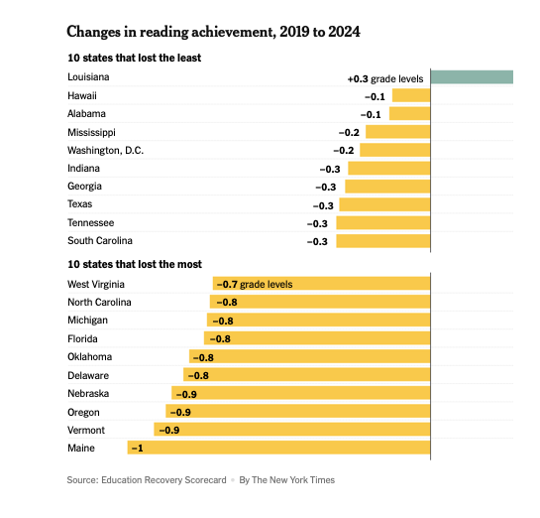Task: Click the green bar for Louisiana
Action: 472,77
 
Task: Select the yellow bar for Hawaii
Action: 411,95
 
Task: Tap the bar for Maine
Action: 279,448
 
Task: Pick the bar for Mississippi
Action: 398,132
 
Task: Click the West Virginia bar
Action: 322,284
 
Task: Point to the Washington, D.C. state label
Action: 105,151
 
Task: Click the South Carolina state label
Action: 100,241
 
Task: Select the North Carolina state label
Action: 99,302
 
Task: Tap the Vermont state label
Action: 86,430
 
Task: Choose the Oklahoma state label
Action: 89,356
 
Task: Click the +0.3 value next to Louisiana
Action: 358,79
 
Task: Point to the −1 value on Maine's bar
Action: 138,448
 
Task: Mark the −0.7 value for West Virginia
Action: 227,284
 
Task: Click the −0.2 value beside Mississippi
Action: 349,132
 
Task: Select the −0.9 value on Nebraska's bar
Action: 186,394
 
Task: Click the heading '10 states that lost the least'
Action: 135,58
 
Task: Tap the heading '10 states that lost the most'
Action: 135,264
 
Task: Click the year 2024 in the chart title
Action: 344,32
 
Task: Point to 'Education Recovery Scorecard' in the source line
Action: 163,480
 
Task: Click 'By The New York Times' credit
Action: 287,480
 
